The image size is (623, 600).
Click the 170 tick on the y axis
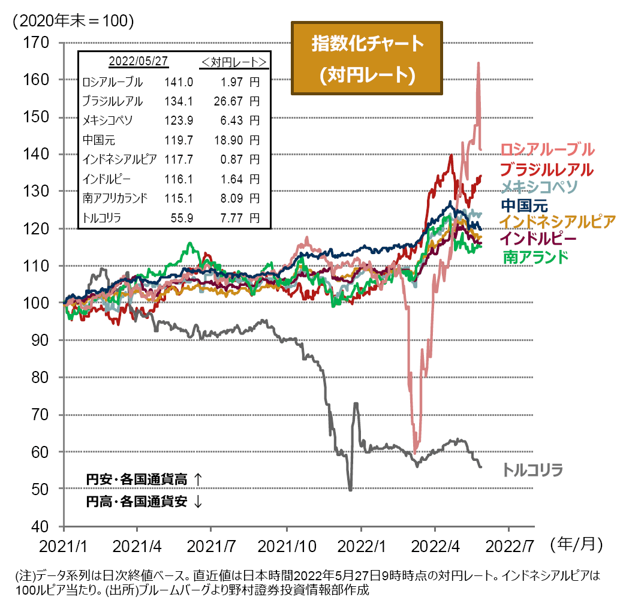[37, 43]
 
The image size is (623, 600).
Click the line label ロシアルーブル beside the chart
[547, 149]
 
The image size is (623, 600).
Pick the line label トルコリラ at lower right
[533, 469]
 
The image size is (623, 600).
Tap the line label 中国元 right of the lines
[523, 204]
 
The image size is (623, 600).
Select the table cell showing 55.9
[183, 218]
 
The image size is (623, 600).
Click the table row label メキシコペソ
[109, 120]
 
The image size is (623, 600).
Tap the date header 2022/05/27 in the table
[137, 62]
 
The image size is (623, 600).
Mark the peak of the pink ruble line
[478, 63]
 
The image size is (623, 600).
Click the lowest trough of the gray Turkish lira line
[350, 490]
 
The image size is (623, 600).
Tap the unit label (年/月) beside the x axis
[574, 543]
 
